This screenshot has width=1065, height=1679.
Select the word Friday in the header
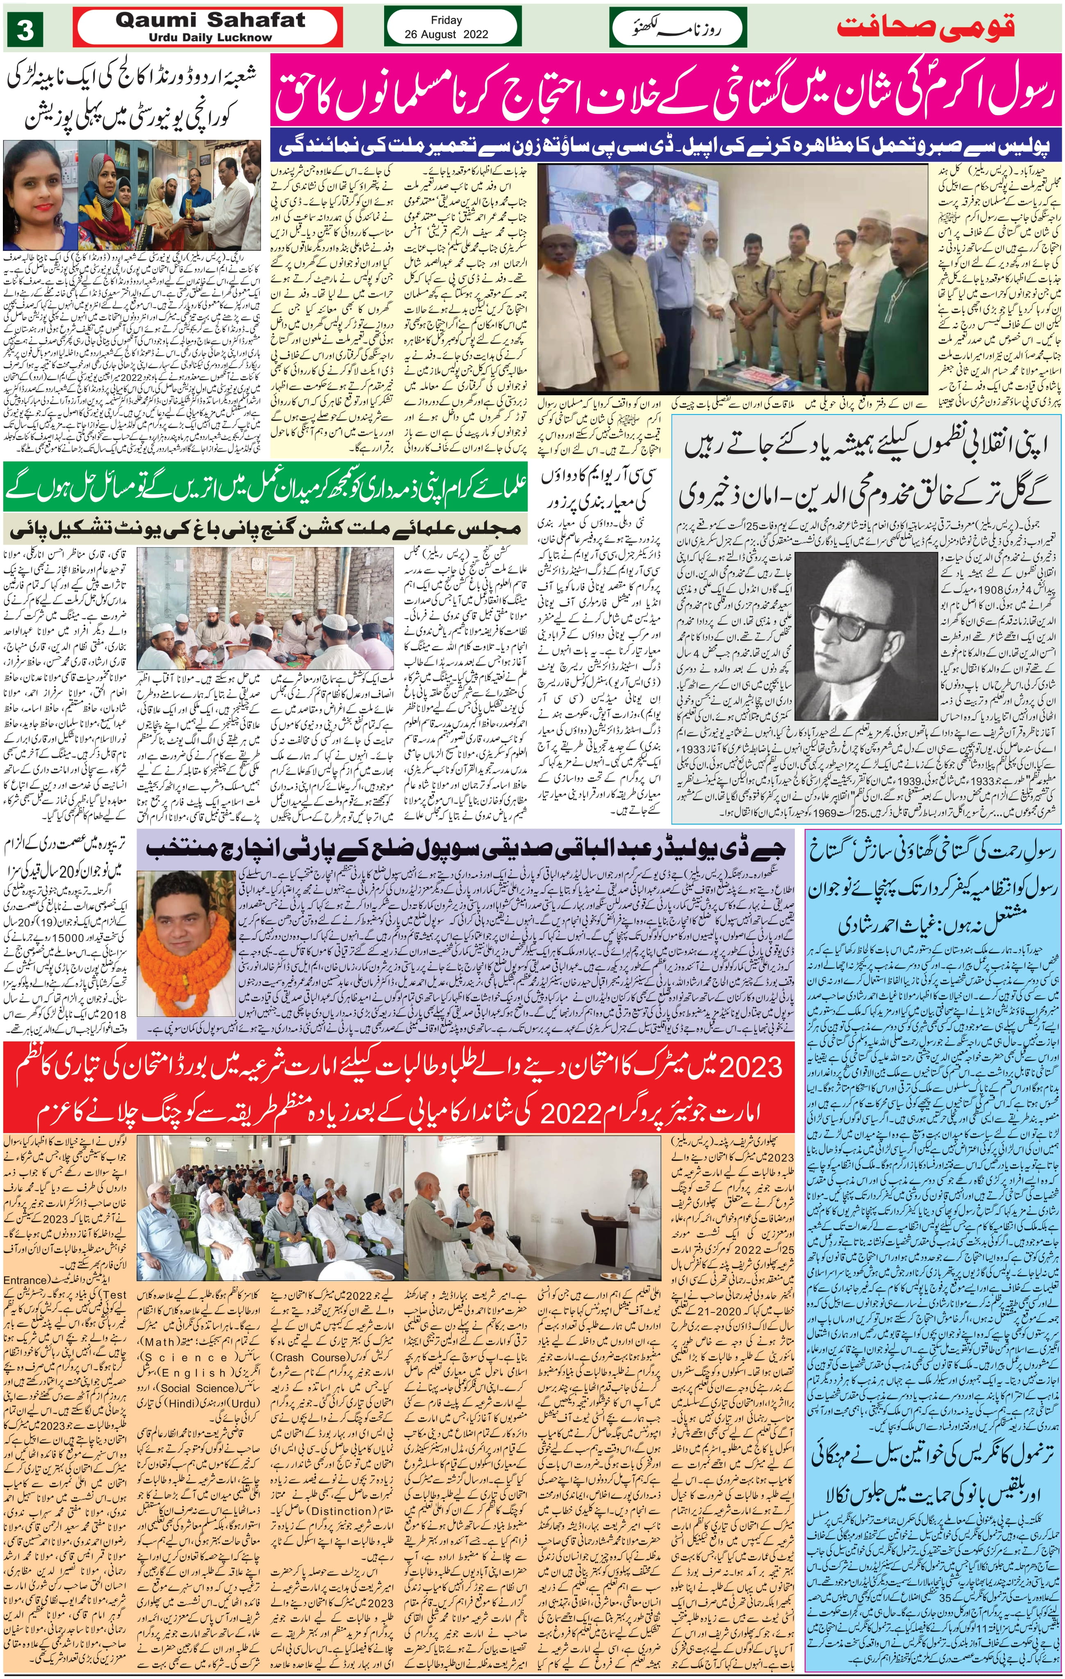446,20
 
